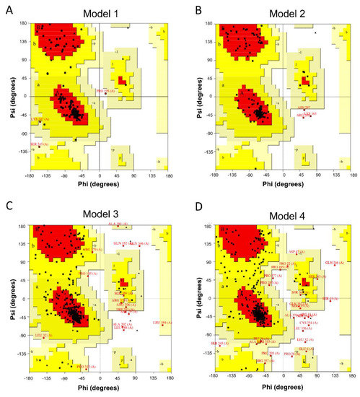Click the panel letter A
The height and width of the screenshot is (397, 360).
[6, 7]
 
